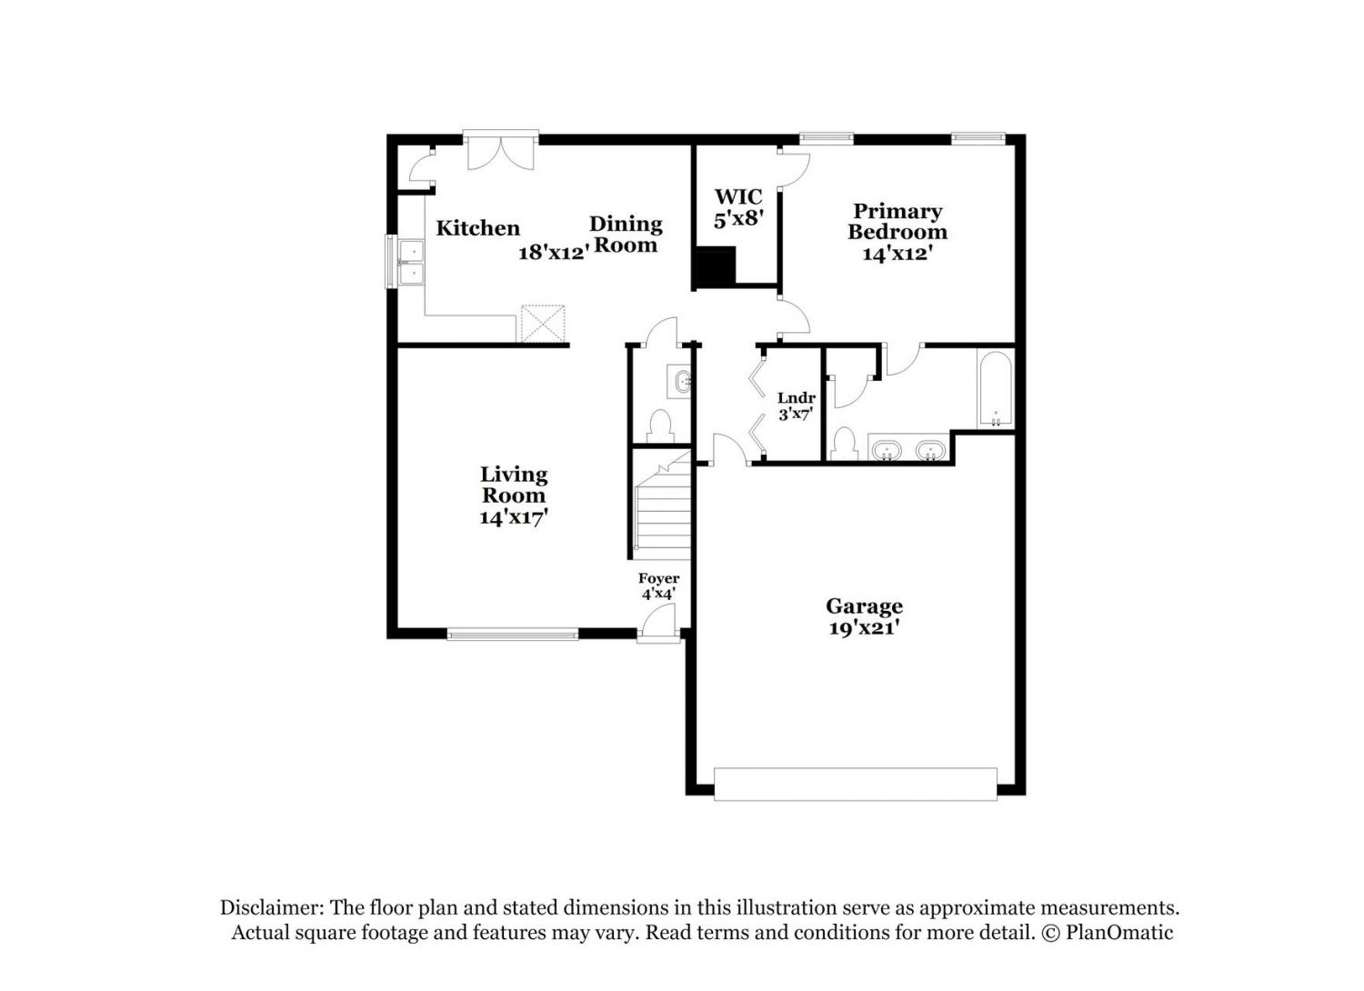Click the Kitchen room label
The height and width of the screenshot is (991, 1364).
478,228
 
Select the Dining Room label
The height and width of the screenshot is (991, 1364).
626,235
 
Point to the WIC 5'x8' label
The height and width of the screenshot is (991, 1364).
738,207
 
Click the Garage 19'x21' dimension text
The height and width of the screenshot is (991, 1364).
864,628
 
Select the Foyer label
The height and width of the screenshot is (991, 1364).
659,578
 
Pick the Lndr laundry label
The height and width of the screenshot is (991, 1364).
797,399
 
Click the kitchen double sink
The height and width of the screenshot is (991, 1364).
411,263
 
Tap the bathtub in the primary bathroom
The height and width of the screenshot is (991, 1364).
995,389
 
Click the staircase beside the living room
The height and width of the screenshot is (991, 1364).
663,506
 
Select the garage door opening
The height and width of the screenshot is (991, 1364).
856,784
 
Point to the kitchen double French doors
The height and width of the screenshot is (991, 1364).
500,150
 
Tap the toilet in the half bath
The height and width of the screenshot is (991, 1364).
660,426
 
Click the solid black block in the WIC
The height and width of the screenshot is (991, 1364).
717,266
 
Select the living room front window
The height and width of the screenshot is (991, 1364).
513,635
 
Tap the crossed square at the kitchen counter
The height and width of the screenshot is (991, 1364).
542,323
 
